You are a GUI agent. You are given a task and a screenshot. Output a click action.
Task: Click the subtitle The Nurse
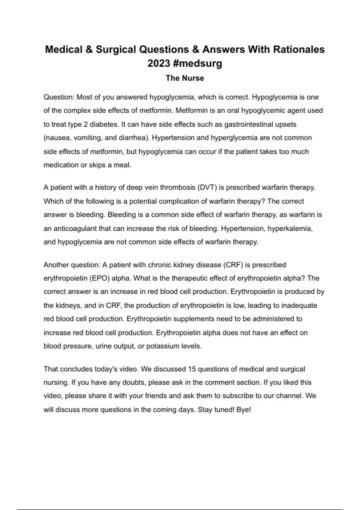tap(185, 78)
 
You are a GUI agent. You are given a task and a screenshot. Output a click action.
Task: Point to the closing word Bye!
tap(244, 409)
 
